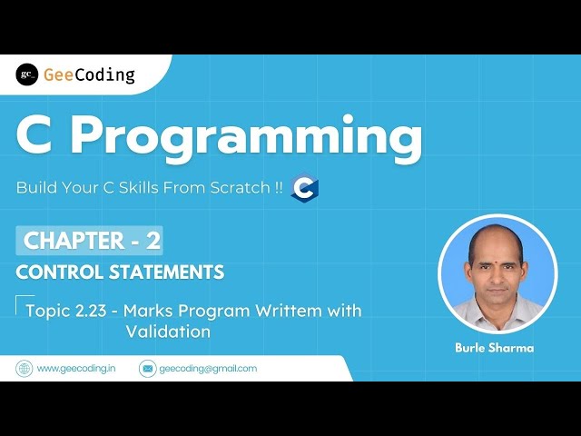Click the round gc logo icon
27,75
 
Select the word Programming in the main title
247,139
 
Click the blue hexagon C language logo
305,189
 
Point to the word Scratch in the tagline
232,188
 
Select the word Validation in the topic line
168,332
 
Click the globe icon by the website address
25,369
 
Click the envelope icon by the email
147,369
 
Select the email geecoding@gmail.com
208,369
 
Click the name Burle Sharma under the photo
496,348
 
